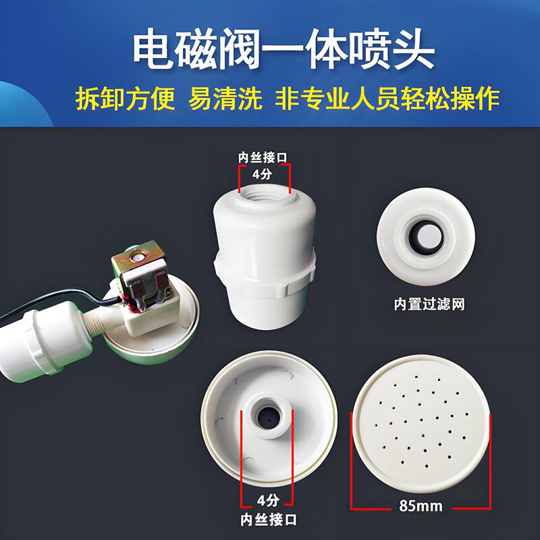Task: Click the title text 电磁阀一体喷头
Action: (283, 49)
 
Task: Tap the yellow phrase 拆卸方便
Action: (125, 99)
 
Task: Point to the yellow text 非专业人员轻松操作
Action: (387, 99)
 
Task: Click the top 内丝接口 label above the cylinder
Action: (263, 157)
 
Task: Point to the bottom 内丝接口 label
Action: (267, 520)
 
